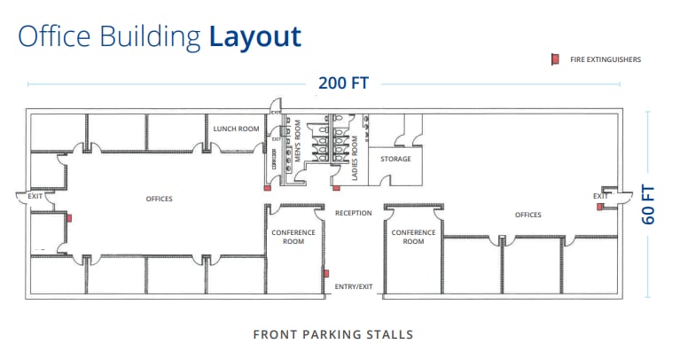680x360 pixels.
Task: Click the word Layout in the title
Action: click(x=255, y=36)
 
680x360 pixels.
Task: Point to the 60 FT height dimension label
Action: click(x=649, y=204)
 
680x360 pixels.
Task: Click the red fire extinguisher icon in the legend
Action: click(x=553, y=59)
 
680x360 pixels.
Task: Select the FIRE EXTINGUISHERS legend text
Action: click(x=599, y=60)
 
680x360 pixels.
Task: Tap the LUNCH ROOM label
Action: click(x=236, y=129)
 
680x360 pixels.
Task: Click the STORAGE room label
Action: click(x=395, y=159)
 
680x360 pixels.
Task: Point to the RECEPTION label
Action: click(x=353, y=213)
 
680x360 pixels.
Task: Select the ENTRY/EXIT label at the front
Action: click(x=353, y=286)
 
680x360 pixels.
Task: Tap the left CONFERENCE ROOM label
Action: click(x=293, y=237)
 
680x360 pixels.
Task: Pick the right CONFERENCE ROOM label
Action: click(x=413, y=237)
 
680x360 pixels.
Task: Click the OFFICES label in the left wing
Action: click(x=159, y=199)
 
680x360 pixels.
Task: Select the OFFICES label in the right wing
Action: click(x=528, y=215)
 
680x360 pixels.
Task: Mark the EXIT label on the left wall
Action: click(x=35, y=196)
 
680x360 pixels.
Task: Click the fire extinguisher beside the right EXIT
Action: click(x=600, y=207)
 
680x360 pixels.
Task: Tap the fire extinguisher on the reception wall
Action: click(x=326, y=273)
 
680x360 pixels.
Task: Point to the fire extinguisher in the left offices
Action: click(x=69, y=217)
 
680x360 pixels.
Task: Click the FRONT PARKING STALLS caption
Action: click(x=332, y=334)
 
